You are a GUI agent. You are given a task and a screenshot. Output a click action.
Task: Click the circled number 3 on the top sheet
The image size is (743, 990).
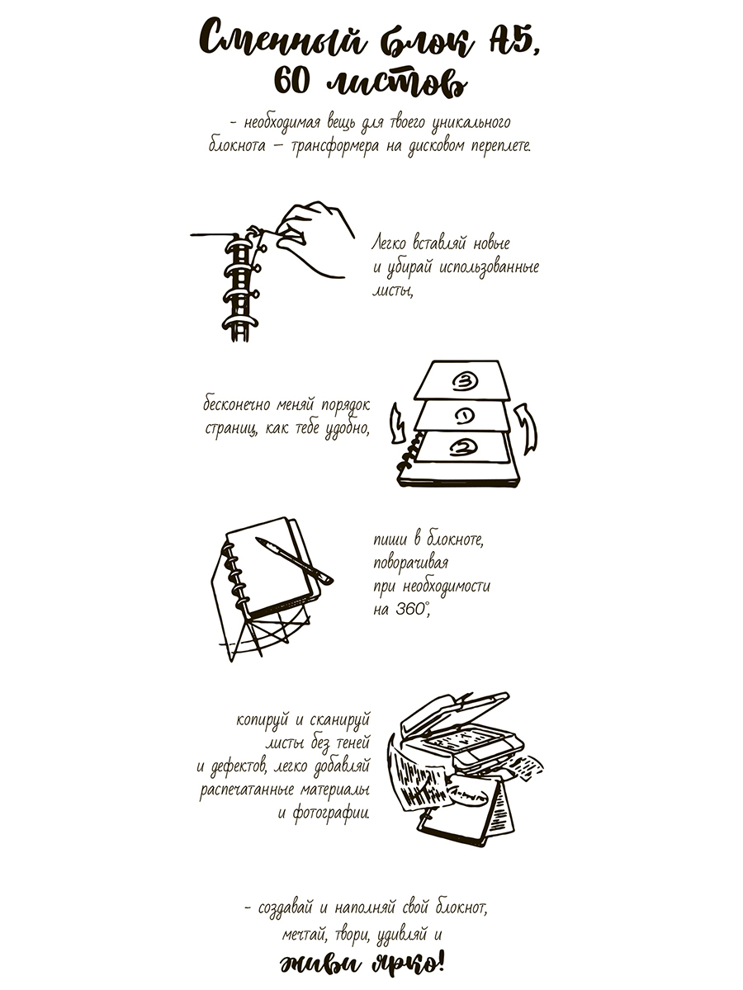[x=464, y=382]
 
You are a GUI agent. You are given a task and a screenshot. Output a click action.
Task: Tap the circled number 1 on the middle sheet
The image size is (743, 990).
[x=463, y=417]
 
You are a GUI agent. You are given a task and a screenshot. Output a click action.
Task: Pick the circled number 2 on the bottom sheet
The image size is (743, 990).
[x=463, y=446]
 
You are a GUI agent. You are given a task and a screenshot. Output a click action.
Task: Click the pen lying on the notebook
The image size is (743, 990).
[x=294, y=561]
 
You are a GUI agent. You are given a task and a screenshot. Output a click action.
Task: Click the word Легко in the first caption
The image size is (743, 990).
[x=389, y=243]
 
